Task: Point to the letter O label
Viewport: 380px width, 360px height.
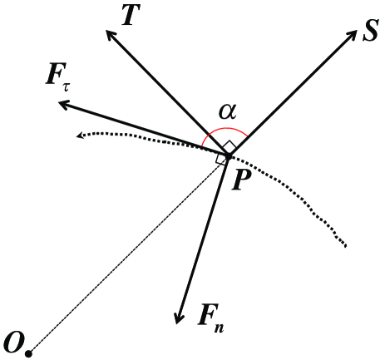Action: (x=12, y=340)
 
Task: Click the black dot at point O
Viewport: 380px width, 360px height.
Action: (x=28, y=354)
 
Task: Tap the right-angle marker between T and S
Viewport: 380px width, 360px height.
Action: (x=229, y=146)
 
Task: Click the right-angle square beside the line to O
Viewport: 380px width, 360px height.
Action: (x=220, y=158)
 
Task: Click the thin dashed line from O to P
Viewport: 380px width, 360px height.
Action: (x=125, y=258)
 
